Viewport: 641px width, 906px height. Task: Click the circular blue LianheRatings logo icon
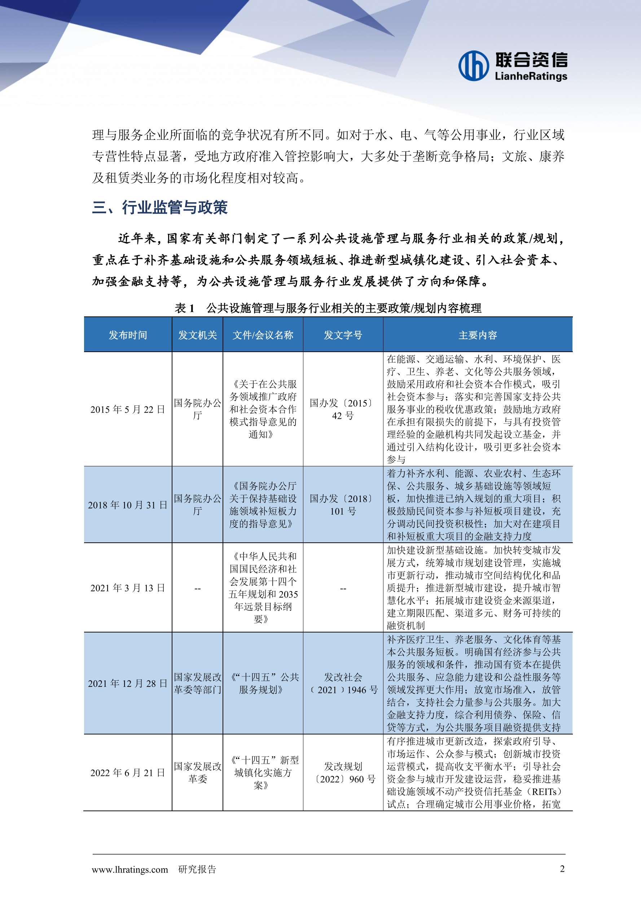click(x=473, y=66)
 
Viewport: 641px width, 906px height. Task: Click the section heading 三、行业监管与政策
click(x=159, y=207)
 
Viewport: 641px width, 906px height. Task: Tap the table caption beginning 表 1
click(x=328, y=308)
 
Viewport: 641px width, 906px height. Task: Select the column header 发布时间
click(x=128, y=335)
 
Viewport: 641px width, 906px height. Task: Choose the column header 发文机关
click(x=197, y=335)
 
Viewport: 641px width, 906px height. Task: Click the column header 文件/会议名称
click(x=263, y=335)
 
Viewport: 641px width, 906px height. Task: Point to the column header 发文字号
click(x=343, y=335)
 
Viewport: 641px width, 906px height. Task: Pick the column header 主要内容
click(x=478, y=335)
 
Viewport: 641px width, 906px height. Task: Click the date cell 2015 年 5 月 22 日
click(x=128, y=409)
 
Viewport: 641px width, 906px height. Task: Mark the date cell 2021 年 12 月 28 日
click(x=128, y=683)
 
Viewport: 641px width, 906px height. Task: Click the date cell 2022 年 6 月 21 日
click(x=128, y=772)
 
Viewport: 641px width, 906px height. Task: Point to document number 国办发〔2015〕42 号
click(x=343, y=409)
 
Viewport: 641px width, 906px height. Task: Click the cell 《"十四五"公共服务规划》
click(x=263, y=683)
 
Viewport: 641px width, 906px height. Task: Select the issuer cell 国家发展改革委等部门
click(x=197, y=683)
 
